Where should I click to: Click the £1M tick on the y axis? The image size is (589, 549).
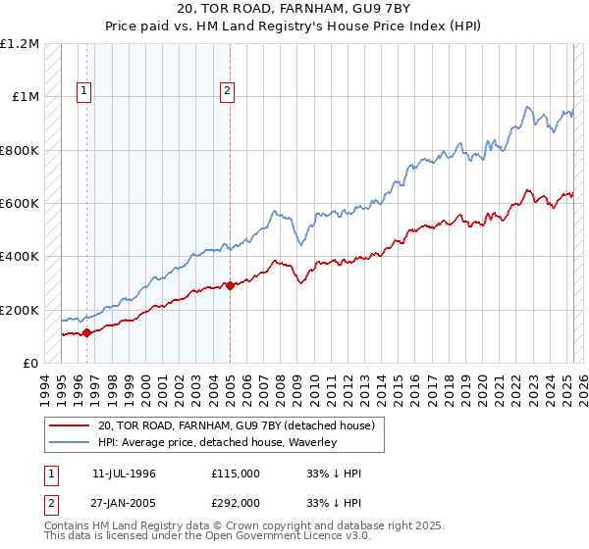click(x=27, y=97)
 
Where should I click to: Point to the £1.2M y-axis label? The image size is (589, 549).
click(x=21, y=44)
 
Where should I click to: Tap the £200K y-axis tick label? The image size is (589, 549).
click(x=21, y=310)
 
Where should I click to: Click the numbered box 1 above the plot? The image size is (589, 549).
click(x=84, y=91)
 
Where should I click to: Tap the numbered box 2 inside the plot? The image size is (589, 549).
click(x=227, y=91)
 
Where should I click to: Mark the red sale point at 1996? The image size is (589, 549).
click(x=86, y=332)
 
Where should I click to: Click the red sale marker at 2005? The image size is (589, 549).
click(x=230, y=286)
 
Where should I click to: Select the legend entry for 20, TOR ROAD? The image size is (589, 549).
click(x=237, y=426)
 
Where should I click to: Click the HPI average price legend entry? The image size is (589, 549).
click(x=217, y=443)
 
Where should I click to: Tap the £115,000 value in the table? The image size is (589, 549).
click(x=236, y=474)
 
